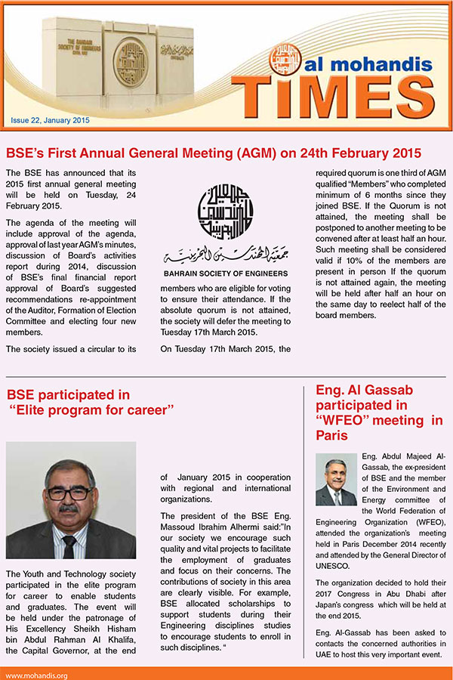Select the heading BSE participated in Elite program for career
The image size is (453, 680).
pyautogui.click(x=90, y=402)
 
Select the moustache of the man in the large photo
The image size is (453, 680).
pyautogui.click(x=70, y=510)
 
